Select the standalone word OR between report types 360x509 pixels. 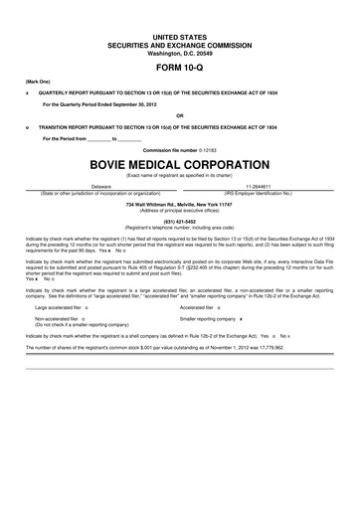(x=179, y=114)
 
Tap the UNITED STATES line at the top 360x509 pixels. (x=179, y=36)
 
